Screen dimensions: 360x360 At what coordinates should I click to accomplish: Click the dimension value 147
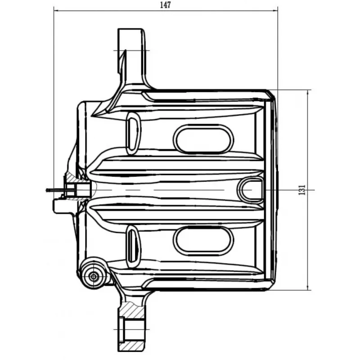click(x=165, y=5)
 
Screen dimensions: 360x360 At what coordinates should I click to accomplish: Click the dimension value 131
click(x=302, y=190)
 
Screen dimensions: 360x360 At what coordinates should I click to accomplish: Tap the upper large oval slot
click(x=203, y=139)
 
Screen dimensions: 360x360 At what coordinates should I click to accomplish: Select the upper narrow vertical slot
click(x=133, y=133)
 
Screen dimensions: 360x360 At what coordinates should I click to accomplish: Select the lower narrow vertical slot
click(x=133, y=247)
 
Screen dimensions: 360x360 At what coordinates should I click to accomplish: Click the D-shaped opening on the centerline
click(x=251, y=190)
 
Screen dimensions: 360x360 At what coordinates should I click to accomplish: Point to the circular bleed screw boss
click(x=94, y=276)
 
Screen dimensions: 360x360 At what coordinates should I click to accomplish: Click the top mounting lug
click(x=131, y=58)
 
